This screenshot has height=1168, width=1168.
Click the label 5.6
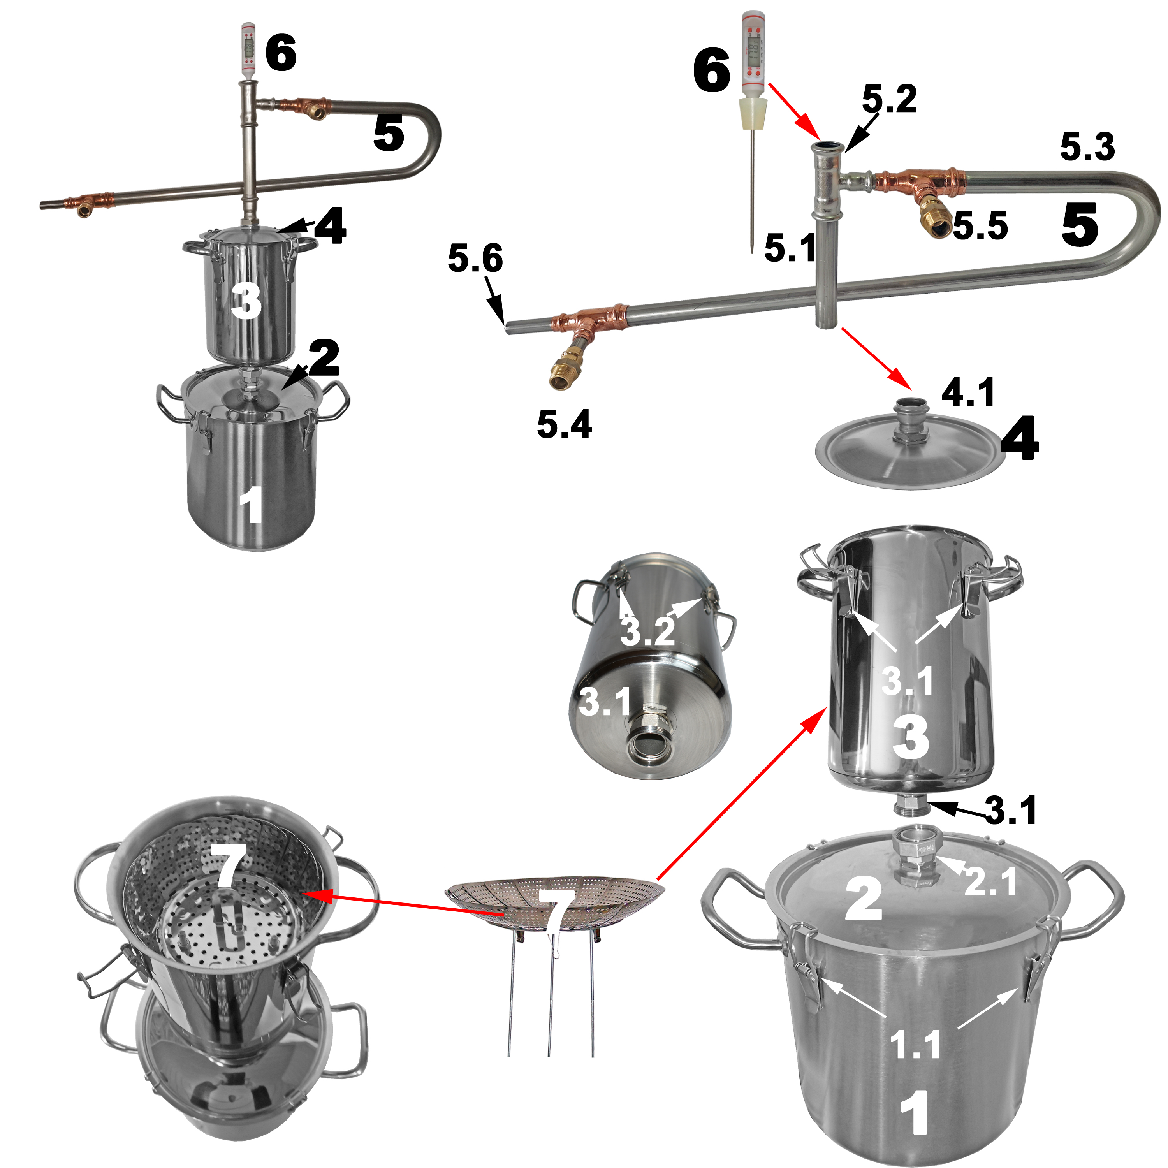pyautogui.click(x=475, y=258)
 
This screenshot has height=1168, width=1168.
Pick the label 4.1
pyautogui.click(x=968, y=392)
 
